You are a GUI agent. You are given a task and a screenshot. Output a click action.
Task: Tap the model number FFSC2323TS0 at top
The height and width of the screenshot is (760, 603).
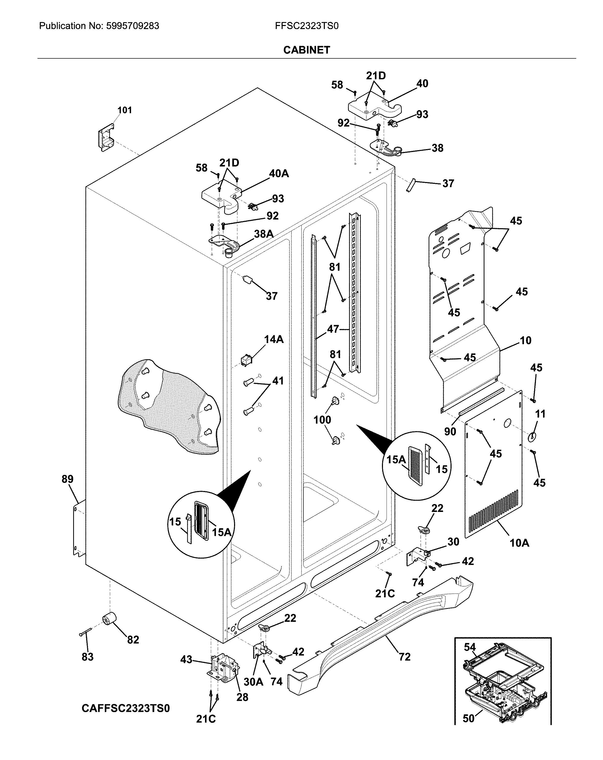307,26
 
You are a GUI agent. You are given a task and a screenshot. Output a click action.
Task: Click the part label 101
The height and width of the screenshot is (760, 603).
124,110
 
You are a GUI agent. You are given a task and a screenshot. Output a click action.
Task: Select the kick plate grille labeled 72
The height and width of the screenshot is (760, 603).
381,631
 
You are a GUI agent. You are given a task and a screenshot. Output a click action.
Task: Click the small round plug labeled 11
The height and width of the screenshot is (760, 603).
532,437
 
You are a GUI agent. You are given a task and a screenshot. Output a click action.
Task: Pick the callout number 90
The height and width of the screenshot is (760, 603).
450,431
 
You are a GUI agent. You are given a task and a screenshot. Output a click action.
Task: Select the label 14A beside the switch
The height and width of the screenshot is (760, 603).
274,339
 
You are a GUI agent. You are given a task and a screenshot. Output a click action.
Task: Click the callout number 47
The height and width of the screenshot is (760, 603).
333,329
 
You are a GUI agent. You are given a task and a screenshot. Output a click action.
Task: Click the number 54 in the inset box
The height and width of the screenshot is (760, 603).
469,647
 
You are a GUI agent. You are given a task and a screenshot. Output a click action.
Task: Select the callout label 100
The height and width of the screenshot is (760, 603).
322,420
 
